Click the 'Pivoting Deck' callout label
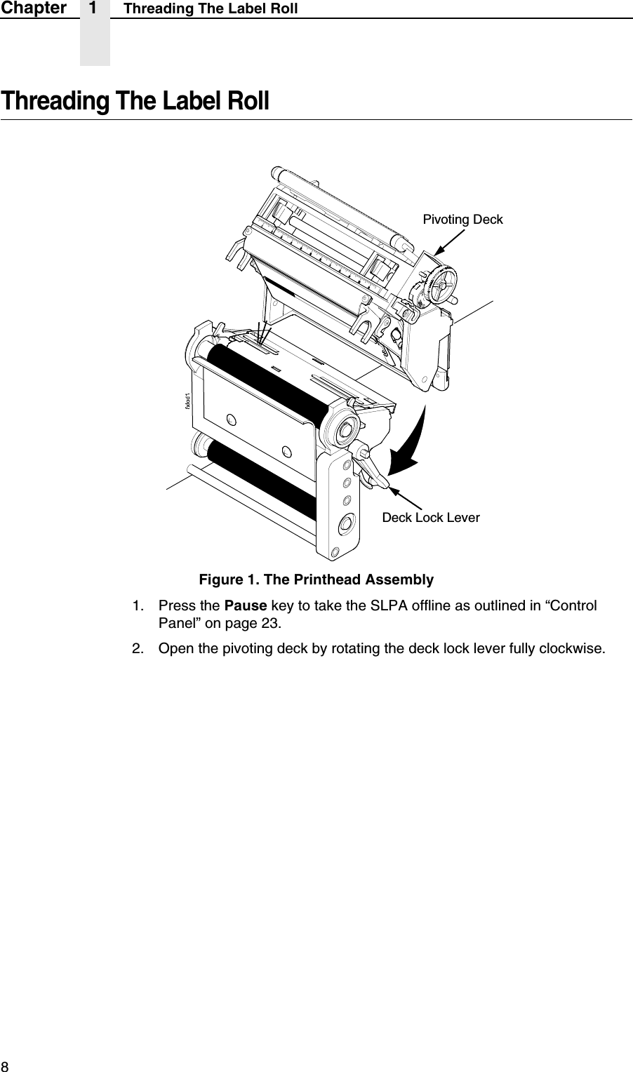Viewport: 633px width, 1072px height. pyautogui.click(x=462, y=220)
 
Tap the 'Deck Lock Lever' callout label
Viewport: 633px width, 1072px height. pyautogui.click(x=430, y=518)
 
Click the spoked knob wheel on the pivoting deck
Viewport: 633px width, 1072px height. pyautogui.click(x=441, y=283)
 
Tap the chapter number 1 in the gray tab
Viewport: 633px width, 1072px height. pyautogui.click(x=94, y=8)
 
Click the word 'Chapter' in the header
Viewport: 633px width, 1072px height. pyautogui.click(x=33, y=8)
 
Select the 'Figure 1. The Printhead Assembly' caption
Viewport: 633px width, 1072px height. pyautogui.click(x=316, y=579)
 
